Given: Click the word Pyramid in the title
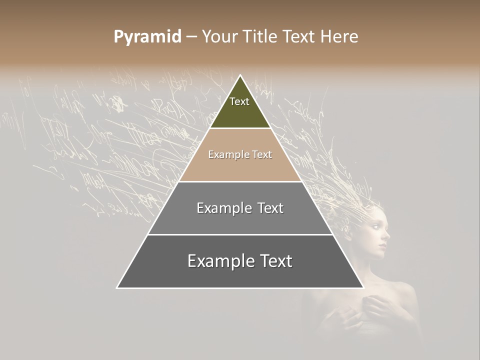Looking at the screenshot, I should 147,36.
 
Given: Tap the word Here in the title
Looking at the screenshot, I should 339,36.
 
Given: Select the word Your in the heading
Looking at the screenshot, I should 219,36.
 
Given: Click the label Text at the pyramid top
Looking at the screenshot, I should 239,101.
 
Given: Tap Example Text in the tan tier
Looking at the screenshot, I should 240,154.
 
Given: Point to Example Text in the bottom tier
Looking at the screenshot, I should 240,261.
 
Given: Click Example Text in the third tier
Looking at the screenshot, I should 240,208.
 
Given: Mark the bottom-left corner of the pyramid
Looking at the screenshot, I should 117,287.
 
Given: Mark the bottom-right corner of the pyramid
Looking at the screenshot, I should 363,287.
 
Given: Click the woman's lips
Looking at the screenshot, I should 383,244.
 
